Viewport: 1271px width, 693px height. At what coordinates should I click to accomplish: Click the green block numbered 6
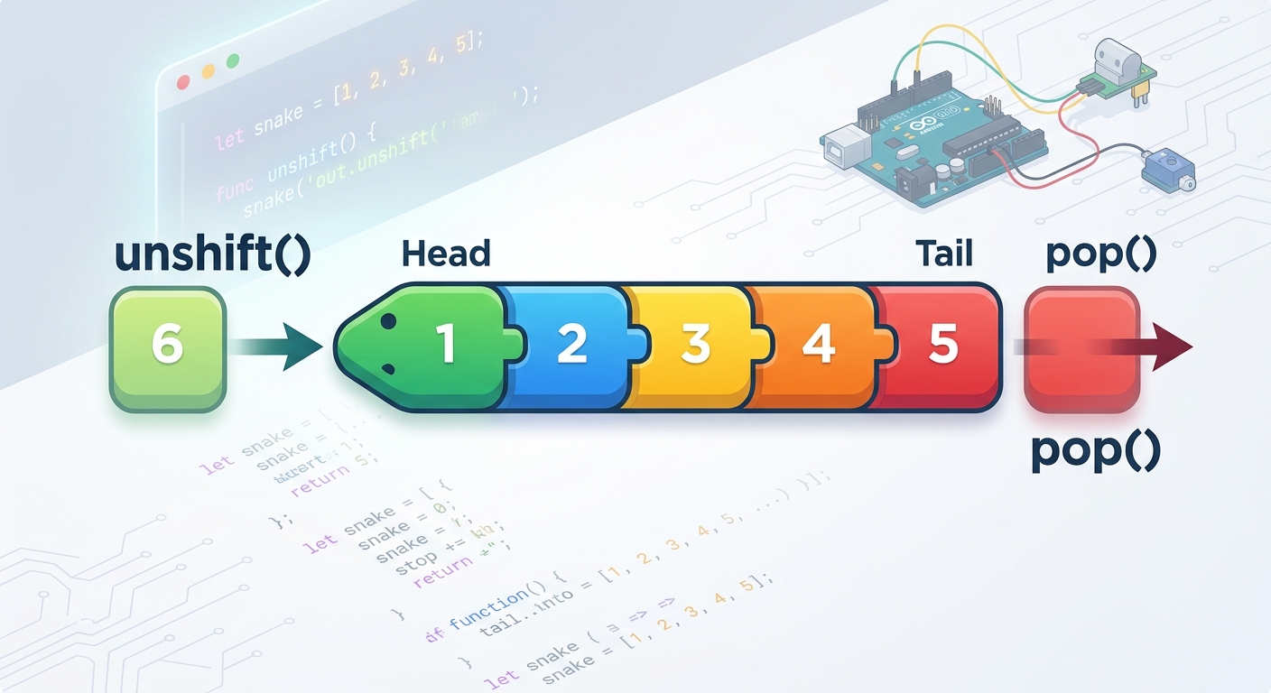click(x=167, y=346)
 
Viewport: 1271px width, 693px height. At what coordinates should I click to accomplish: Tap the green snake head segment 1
click(x=433, y=346)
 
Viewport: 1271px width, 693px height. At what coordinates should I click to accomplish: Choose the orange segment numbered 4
click(x=818, y=346)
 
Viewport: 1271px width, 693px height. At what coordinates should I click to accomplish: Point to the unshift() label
click(x=214, y=255)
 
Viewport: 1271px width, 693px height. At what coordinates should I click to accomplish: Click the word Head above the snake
click(x=446, y=254)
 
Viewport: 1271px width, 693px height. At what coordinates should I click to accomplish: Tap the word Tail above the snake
click(x=943, y=254)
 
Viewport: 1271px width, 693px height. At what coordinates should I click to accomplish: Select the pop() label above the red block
click(x=1100, y=255)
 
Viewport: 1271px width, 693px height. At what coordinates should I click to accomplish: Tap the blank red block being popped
click(x=1081, y=348)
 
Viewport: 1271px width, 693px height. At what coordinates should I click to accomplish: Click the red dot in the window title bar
click(x=183, y=81)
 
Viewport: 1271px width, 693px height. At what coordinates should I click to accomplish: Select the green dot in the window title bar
click(x=233, y=61)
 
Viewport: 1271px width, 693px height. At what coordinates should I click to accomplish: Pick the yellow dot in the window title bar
click(x=209, y=70)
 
